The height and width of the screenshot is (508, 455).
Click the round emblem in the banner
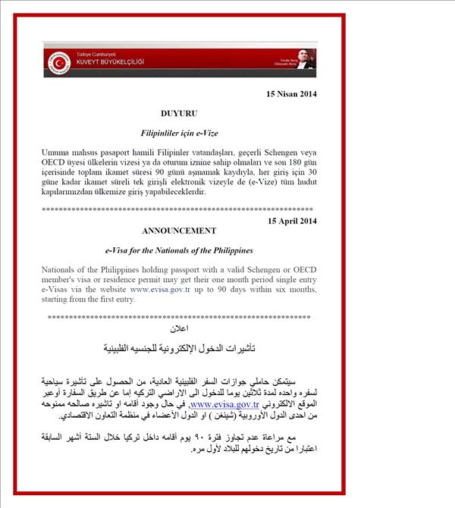pos(58,61)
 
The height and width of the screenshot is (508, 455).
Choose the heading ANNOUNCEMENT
pos(179,230)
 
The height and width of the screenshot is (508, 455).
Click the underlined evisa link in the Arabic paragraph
pos(232,405)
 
